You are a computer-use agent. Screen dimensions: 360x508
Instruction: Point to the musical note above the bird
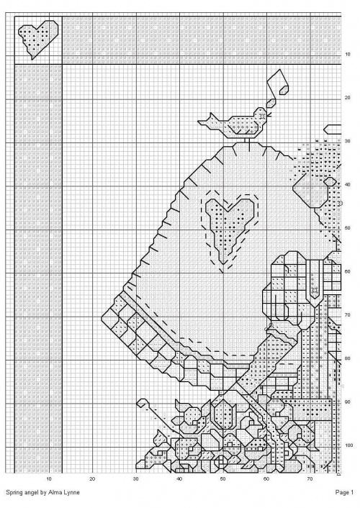coord(278,88)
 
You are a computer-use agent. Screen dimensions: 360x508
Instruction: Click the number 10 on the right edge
coord(348,55)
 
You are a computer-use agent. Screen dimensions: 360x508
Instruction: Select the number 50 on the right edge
coord(348,228)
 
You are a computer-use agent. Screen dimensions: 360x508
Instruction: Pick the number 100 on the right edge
coord(348,445)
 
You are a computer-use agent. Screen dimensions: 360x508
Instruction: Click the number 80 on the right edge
coord(348,358)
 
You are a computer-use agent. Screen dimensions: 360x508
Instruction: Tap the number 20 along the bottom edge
coord(92,479)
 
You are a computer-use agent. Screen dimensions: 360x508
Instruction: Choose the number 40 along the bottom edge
coord(179,479)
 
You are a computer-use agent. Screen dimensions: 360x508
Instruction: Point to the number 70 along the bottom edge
coord(310,479)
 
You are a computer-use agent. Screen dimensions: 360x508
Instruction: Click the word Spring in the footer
coord(14,493)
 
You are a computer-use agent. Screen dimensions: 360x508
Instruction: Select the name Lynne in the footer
coord(72,492)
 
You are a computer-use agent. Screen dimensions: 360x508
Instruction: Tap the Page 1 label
coord(344,493)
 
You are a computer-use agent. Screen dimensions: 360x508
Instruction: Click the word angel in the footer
coord(30,493)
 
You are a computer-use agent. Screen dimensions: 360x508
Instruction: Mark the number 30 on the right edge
coord(348,141)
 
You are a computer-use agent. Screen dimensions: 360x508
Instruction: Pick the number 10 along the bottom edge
coord(49,479)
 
